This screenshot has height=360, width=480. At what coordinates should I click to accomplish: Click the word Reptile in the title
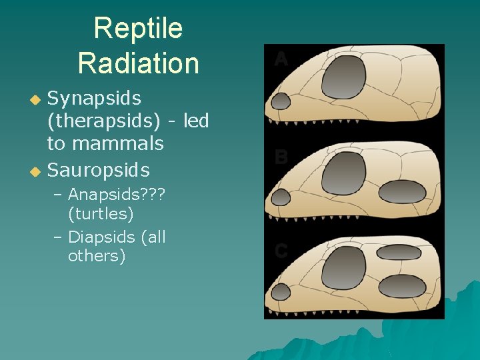138,29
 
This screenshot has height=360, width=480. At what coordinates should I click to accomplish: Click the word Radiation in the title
138,63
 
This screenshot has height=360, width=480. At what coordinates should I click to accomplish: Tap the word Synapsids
94,99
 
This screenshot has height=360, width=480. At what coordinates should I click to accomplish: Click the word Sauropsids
98,170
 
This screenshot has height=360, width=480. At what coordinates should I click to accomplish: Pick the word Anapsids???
117,195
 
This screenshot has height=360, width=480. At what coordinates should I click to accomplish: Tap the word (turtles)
101,214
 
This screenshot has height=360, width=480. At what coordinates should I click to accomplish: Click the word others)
97,256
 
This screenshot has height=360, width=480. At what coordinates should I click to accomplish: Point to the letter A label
281,60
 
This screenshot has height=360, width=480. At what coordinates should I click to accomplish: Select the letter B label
281,157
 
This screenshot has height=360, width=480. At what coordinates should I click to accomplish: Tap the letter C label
281,251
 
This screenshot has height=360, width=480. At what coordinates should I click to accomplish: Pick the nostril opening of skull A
281,101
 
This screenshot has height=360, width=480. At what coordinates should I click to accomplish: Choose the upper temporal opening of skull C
399,253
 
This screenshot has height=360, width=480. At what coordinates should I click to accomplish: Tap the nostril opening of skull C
281,292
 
